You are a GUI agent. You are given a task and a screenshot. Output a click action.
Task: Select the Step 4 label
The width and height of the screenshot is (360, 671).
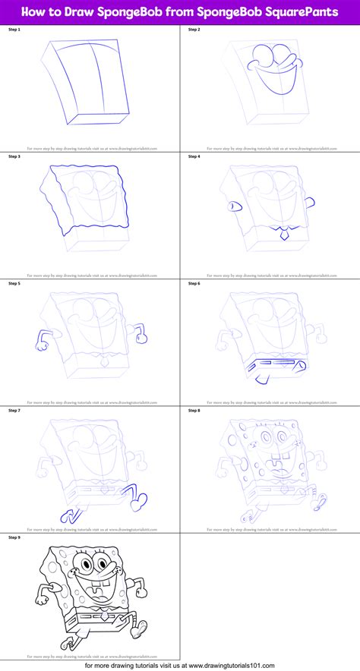pyautogui.click(x=193, y=156)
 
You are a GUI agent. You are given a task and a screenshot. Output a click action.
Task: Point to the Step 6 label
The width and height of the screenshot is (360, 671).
pyautogui.click(x=193, y=283)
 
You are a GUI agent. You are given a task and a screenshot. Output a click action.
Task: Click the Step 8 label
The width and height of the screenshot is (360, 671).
pyautogui.click(x=193, y=410)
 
